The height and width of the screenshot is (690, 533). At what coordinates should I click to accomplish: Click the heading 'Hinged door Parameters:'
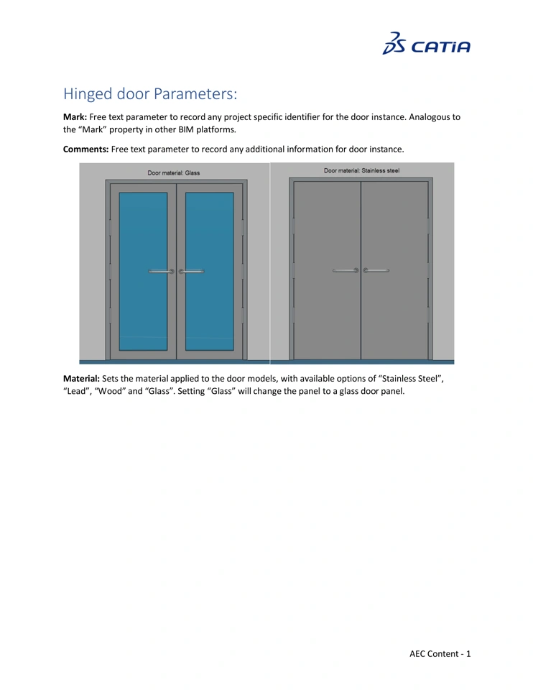pyautogui.click(x=149, y=94)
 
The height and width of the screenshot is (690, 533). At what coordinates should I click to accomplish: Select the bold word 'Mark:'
pyautogui.click(x=75, y=117)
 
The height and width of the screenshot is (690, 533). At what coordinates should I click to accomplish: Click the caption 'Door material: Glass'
pyautogui.click(x=174, y=172)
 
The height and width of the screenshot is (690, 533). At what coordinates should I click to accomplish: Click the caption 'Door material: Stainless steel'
pyautogui.click(x=361, y=171)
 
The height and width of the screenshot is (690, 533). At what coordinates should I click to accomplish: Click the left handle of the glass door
pyautogui.click(x=161, y=272)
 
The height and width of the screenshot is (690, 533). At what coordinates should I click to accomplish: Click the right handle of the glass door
pyautogui.click(x=191, y=272)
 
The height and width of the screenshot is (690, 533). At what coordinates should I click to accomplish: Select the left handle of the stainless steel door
pyautogui.click(x=346, y=271)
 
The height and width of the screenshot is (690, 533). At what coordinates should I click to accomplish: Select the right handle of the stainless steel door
pyautogui.click(x=376, y=271)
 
